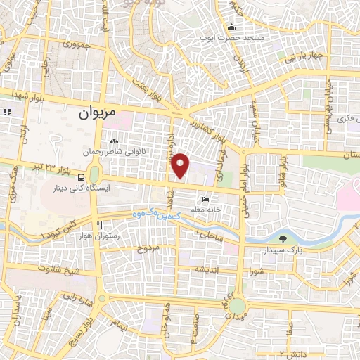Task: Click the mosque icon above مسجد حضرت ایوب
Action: (x=231, y=27)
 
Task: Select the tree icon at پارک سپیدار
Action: (x=283, y=238)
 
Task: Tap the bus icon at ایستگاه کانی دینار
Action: (x=82, y=177)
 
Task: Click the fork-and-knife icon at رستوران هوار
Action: (x=100, y=225)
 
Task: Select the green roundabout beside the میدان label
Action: (x=238, y=306)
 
